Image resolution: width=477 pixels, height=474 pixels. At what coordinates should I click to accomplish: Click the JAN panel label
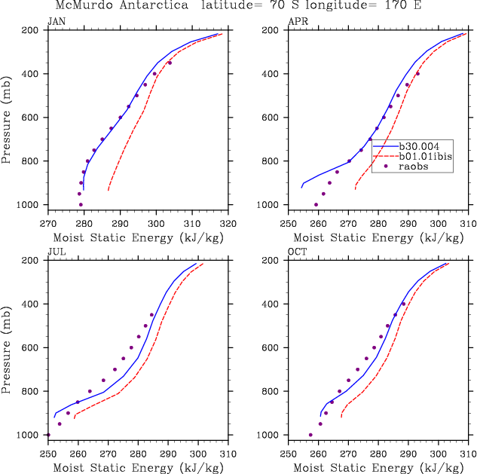point(57,22)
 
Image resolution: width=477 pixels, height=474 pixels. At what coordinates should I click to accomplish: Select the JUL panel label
point(56,252)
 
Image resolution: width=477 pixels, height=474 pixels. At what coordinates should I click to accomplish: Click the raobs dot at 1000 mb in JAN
point(81,204)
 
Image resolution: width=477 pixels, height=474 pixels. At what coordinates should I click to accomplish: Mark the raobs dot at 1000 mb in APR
point(316,204)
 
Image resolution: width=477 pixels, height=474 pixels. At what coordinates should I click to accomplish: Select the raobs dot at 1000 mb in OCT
point(310,435)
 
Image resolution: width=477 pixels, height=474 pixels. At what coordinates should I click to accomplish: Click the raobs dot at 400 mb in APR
point(417,74)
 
